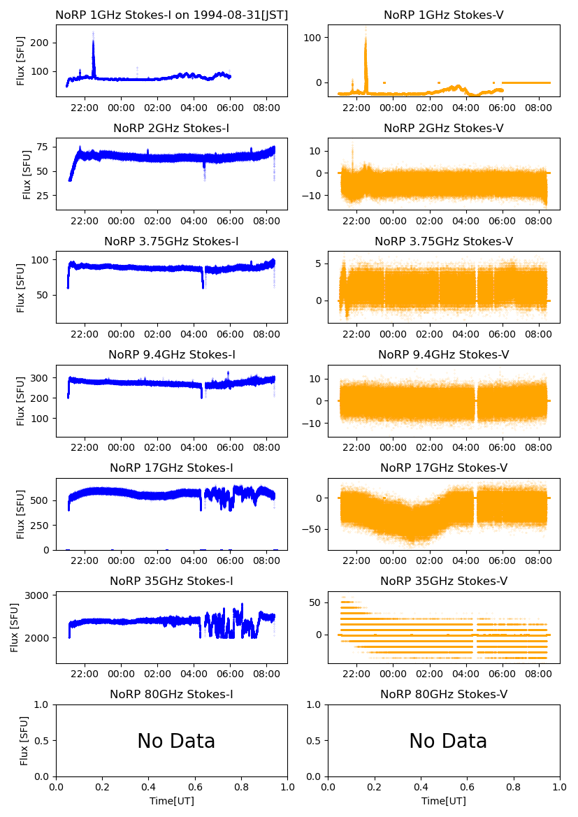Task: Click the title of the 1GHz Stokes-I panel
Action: [171, 15]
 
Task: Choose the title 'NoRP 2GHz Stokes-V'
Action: [444, 128]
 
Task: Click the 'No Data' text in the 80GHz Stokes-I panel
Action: [176, 741]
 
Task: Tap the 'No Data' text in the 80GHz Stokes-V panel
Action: [448, 741]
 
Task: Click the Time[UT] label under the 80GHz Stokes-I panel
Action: [171, 801]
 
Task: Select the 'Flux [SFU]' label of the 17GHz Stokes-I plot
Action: [21, 514]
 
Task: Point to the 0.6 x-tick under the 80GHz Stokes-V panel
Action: [467, 787]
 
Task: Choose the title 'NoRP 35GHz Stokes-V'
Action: [444, 581]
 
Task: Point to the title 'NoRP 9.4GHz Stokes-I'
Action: [171, 354]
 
